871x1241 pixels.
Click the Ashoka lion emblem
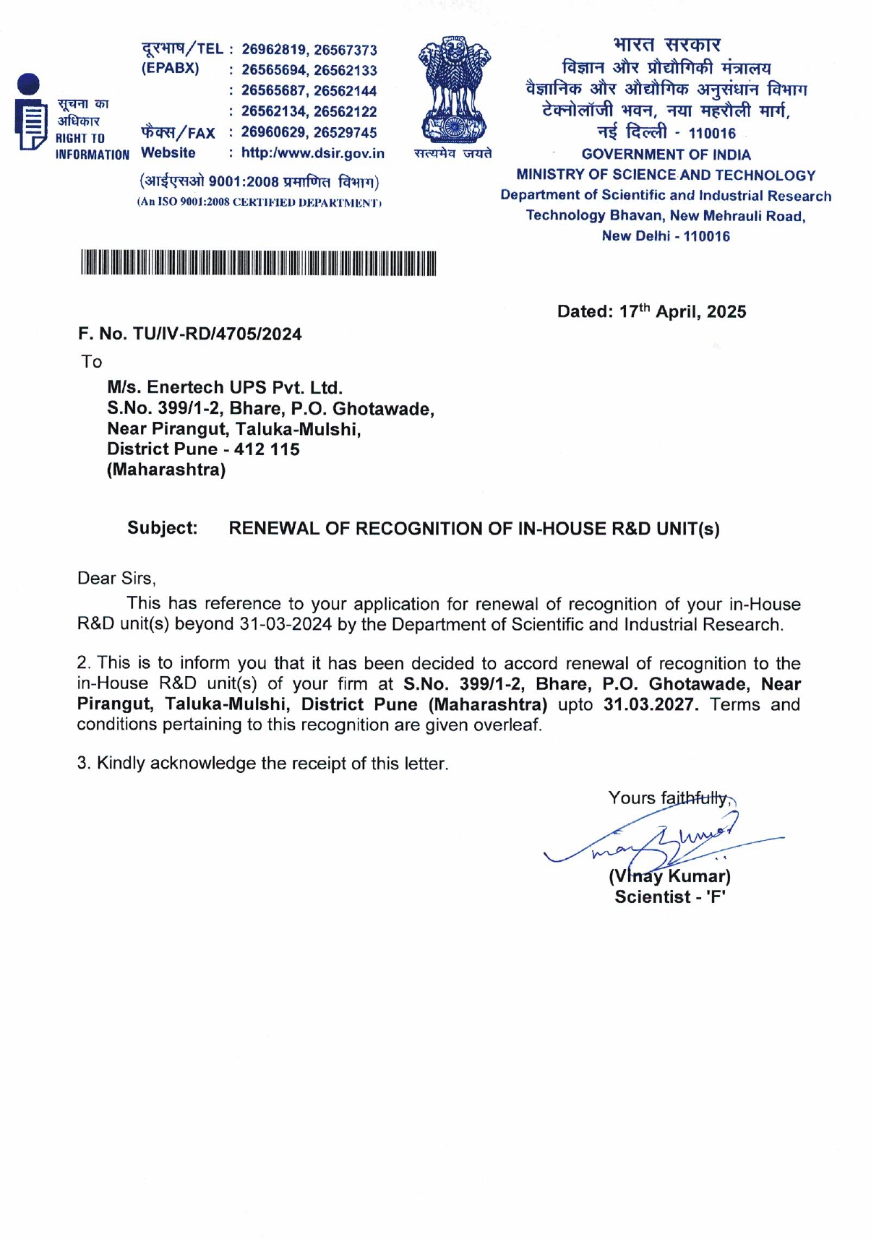[x=454, y=90]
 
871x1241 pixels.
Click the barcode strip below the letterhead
[x=258, y=264]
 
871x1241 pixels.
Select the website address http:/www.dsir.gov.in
[x=312, y=153]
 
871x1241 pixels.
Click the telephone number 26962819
[x=274, y=50]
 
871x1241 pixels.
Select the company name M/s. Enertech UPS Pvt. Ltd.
[x=225, y=388]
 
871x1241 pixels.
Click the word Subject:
[x=162, y=528]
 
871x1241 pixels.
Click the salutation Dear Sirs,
[x=116, y=579]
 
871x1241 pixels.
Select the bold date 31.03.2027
[x=651, y=704]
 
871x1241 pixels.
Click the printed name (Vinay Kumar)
[x=669, y=876]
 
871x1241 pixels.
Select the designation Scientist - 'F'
[x=670, y=897]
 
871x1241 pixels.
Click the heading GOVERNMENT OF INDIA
[x=666, y=155]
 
